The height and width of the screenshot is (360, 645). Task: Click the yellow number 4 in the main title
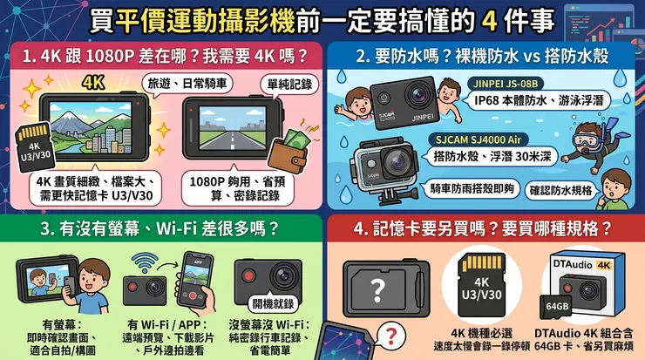tap(489, 22)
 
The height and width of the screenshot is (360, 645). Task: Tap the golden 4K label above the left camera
tap(93, 83)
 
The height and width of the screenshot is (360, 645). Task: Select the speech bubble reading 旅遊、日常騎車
tap(187, 85)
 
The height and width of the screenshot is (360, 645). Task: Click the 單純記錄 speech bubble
tap(289, 85)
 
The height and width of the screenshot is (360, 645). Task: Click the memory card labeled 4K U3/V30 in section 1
tap(35, 147)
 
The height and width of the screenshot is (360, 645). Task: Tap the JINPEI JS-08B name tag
tap(506, 84)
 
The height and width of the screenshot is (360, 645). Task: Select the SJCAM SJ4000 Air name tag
tap(478, 139)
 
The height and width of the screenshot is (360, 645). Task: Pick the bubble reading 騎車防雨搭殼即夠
tap(472, 189)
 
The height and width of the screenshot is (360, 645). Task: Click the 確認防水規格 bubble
tap(560, 191)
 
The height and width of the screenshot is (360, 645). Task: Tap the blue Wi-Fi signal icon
tap(145, 263)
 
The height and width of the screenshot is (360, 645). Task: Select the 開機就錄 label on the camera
tap(273, 304)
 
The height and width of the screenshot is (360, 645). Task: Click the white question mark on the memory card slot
tap(377, 290)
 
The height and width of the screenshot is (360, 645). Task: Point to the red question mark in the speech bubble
tap(391, 336)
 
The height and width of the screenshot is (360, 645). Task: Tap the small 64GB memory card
tap(555, 307)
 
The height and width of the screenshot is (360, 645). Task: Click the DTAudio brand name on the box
tap(573, 264)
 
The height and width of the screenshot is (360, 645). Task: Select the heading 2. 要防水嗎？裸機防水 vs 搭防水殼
tap(482, 57)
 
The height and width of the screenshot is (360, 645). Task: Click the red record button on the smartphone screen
tap(192, 295)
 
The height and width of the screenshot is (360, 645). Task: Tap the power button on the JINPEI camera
tap(384, 98)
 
